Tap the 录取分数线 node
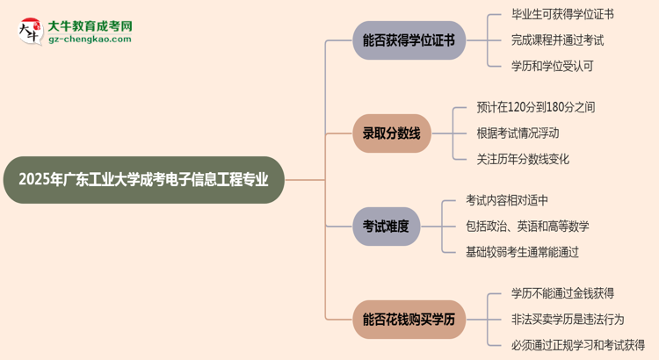pos(391,133)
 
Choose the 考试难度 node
pos(386,226)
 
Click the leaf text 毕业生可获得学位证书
pos(562,14)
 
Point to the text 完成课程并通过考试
pos(557,40)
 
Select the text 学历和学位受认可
pos(552,65)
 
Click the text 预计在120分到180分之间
pos(535,107)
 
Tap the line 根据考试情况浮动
pos(518,133)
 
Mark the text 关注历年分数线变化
pos(523,159)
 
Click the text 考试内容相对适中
pos(507,200)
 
